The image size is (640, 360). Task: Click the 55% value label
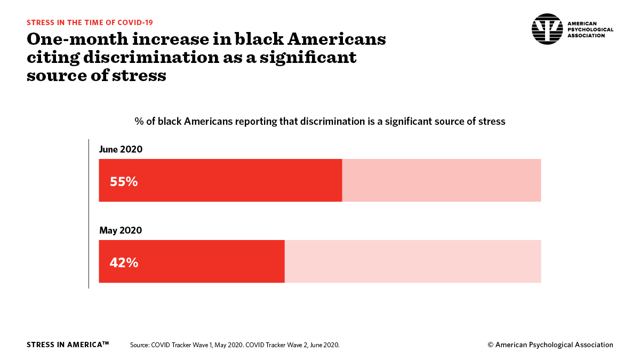[124, 182]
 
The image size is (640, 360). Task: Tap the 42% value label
[124, 263]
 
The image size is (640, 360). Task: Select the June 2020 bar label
[121, 149]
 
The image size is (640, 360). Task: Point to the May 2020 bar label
[121, 230]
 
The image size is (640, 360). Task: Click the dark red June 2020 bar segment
[220, 180]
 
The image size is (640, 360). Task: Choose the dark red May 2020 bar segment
[191, 261]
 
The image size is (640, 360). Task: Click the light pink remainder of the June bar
[442, 180]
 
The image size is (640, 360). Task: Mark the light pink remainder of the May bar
[413, 261]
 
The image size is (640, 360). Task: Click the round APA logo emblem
[547, 29]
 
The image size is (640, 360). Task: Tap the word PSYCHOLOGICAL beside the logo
[590, 29]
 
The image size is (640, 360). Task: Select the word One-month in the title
[77, 39]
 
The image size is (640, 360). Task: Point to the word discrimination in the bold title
[151, 57]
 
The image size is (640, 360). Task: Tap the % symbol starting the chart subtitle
[139, 122]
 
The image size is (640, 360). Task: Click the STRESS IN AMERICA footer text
[68, 345]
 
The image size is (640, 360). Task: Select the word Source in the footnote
[139, 345]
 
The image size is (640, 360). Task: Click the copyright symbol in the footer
[490, 345]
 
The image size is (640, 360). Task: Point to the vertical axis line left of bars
[89, 214]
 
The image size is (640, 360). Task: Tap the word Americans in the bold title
[337, 39]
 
